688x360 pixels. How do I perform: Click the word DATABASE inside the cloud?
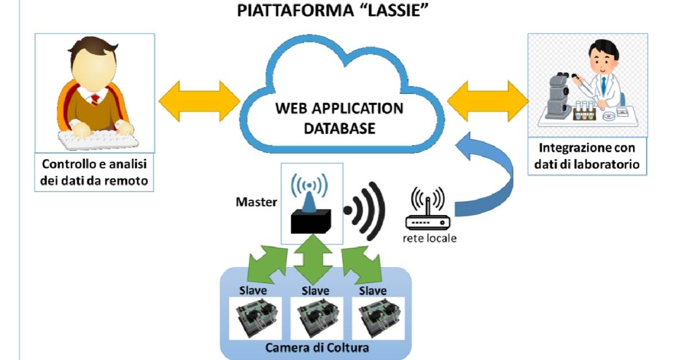pos(339,128)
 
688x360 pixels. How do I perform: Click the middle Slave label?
pos(315,291)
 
